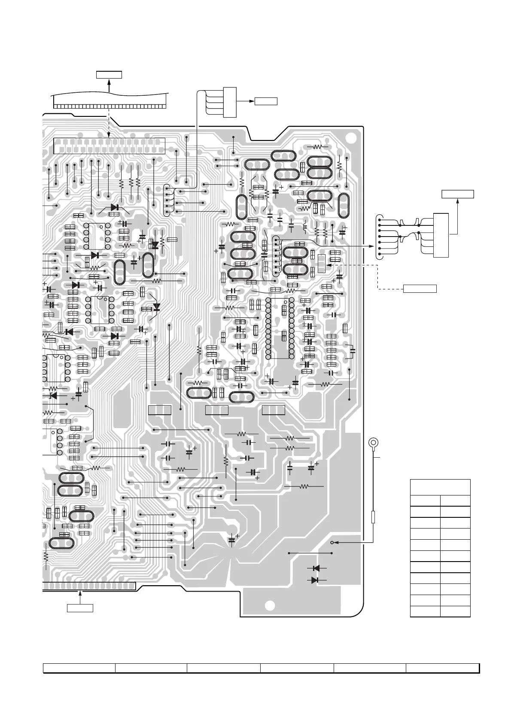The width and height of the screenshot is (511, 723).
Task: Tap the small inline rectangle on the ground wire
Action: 373,517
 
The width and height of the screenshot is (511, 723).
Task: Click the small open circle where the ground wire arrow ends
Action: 332,543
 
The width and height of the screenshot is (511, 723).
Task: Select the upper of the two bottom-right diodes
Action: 316,568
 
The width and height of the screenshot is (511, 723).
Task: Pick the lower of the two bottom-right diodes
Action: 315,580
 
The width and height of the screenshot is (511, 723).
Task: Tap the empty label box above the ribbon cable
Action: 109,75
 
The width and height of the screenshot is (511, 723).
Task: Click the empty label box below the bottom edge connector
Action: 80,608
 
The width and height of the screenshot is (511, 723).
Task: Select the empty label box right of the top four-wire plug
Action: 266,101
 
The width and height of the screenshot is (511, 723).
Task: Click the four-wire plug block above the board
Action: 230,102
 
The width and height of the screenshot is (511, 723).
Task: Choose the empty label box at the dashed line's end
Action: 420,288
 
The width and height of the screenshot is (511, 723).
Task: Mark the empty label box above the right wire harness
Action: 458,194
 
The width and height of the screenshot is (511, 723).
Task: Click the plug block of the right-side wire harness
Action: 441,235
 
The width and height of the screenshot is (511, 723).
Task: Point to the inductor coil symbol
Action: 305,226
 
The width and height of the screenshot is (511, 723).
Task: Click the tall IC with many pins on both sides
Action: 280,328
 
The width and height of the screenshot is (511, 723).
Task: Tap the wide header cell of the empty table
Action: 440,487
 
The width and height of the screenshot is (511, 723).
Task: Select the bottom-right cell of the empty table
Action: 455,611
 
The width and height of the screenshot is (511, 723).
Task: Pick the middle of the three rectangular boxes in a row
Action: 216,410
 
